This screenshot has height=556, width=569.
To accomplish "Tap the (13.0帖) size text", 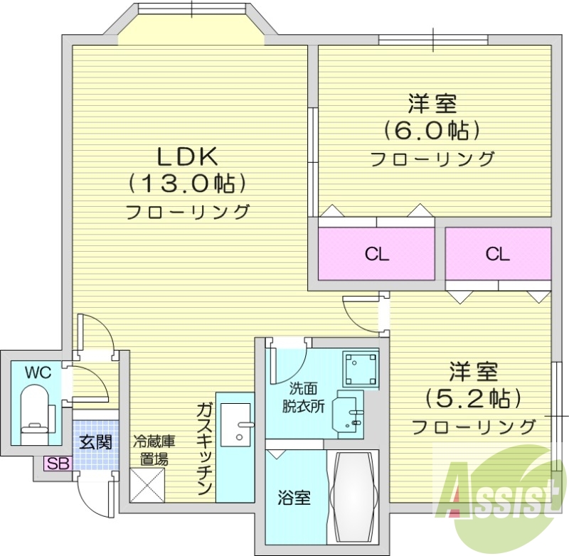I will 187,183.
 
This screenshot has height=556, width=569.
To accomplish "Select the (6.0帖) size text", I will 432,129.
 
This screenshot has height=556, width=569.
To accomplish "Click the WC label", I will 33,371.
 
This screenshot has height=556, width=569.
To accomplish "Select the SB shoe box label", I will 56,464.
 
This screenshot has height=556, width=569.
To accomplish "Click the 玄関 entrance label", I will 95,442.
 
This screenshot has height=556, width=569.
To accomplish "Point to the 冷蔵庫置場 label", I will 153,449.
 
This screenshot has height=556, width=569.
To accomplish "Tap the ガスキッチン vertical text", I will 203,448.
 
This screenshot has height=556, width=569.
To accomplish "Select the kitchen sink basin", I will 235,423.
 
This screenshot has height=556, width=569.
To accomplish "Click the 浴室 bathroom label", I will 294,497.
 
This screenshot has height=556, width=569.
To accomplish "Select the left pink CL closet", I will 376,254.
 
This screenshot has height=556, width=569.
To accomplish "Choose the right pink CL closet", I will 498,254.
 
